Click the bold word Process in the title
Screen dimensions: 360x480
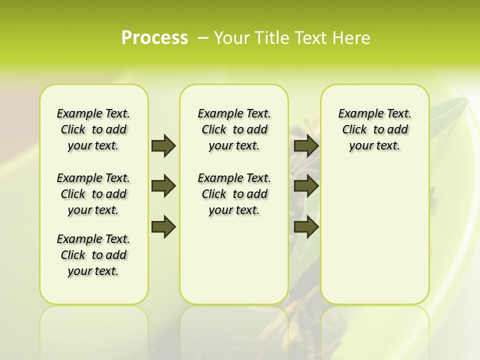(x=154, y=38)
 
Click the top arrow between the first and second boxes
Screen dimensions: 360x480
(x=163, y=145)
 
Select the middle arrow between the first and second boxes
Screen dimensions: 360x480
(x=163, y=186)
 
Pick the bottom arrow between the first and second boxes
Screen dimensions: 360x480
(x=163, y=227)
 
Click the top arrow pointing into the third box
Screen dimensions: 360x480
(x=306, y=145)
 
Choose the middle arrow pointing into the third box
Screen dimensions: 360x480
(x=306, y=186)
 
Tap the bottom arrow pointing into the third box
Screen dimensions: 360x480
(x=306, y=227)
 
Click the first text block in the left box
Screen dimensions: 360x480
(x=93, y=129)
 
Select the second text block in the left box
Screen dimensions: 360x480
(x=93, y=194)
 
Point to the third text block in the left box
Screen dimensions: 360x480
(x=93, y=255)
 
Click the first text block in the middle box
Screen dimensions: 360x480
(x=234, y=129)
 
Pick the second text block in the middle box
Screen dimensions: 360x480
(x=234, y=194)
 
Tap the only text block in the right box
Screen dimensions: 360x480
(x=374, y=129)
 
